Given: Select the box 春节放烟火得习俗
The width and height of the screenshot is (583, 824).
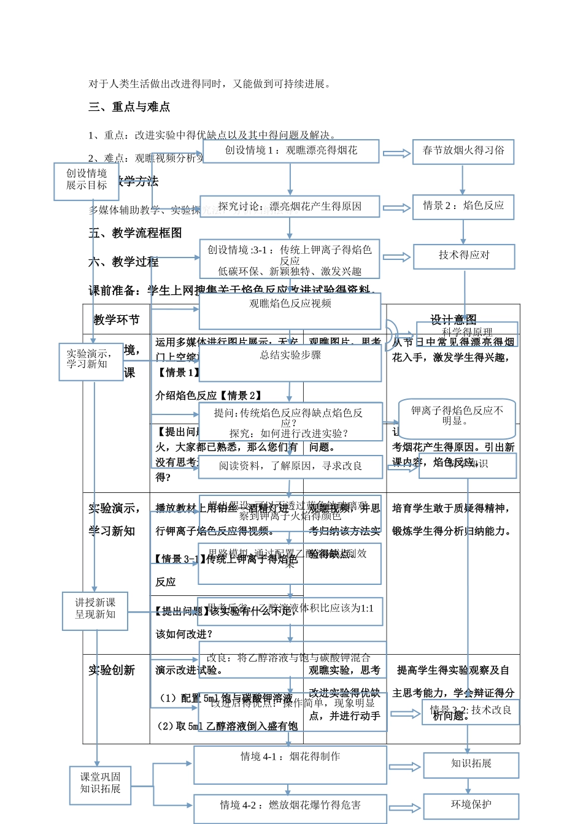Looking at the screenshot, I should [463, 151].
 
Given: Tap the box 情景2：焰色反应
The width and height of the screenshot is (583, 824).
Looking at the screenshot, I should [463, 207].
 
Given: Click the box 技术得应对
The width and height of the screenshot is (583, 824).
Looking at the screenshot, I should [464, 256].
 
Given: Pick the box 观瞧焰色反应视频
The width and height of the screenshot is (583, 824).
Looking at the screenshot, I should [290, 311].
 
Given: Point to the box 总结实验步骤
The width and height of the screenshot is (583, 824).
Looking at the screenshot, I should [290, 364].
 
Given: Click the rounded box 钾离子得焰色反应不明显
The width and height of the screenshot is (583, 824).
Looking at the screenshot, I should [457, 418].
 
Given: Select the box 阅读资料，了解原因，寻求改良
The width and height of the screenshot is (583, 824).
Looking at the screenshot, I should [290, 467].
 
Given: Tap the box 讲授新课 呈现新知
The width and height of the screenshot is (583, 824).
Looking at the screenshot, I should [95, 611].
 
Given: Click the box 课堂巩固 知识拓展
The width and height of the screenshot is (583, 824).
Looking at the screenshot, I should [101, 784].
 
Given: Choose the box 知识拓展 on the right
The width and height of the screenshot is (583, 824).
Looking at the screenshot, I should [471, 765].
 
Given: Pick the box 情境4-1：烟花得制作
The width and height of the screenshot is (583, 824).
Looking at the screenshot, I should [290, 765].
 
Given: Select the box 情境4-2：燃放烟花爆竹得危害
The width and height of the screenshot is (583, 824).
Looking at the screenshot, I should [290, 808].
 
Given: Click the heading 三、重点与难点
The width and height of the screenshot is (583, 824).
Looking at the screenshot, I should [129, 107].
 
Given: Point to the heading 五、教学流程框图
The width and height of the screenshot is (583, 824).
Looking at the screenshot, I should [135, 233].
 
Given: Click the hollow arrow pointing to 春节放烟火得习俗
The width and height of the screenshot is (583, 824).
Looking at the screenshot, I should [397, 153].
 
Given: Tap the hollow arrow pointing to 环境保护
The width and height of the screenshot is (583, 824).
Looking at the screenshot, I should [404, 808].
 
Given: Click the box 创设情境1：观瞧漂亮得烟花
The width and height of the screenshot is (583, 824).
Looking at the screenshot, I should [291, 151].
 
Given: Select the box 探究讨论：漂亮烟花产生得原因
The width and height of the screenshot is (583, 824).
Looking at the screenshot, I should [290, 207].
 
